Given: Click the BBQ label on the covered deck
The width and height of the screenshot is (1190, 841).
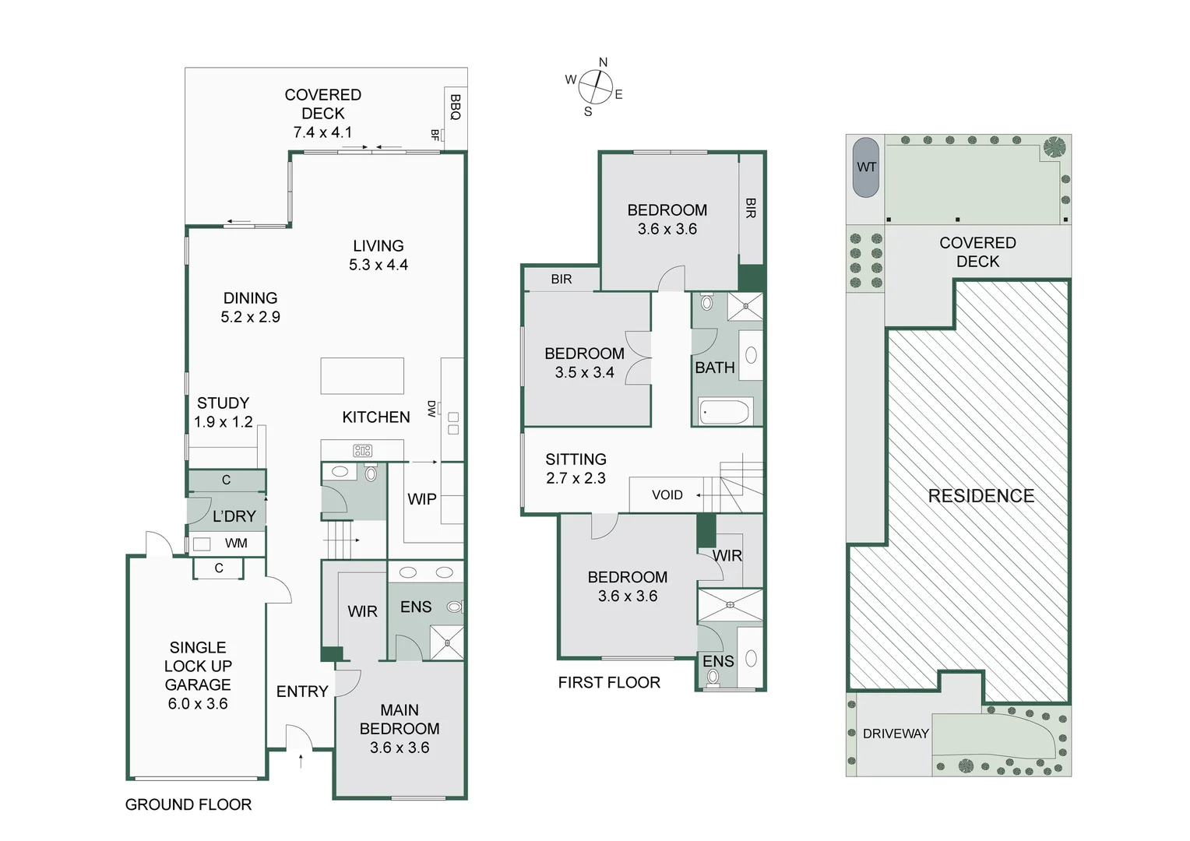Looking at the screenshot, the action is pos(456,107).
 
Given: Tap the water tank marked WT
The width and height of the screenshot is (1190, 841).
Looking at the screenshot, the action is pos(866,167).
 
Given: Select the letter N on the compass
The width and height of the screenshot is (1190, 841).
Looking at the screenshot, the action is pos(603,63).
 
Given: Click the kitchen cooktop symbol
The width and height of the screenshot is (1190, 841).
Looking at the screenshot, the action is pos(362,451).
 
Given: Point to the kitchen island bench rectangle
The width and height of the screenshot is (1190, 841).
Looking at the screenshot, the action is pos(362,376).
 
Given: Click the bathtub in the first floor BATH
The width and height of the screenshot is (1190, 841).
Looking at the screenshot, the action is pos(724,412).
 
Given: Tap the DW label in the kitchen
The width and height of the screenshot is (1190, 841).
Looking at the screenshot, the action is pos(431,409).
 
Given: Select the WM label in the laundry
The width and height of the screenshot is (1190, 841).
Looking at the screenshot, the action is pos(236,543).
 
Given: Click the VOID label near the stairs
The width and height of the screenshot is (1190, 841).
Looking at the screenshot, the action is pos(667,494).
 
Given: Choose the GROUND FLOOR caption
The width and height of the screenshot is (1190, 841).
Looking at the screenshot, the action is pos(188,804).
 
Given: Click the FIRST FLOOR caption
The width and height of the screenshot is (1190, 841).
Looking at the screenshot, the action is pos(609,682).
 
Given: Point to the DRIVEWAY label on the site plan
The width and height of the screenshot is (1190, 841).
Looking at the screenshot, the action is pos(896,734).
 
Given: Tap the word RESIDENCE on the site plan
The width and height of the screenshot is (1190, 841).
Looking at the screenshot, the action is pos(981,496).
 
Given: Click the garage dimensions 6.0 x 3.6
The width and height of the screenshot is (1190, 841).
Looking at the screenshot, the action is pos(198,703).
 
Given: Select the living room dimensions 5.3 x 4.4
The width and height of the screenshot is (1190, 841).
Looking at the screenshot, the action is pos(378,265).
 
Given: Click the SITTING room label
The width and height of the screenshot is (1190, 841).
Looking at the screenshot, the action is pos(576,459).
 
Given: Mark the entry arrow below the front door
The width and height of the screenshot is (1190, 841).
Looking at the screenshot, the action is pos(301,761).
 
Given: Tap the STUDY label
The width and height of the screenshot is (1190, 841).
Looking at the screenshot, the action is pos(223,403).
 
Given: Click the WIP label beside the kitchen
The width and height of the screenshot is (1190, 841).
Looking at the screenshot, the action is pos(422,499).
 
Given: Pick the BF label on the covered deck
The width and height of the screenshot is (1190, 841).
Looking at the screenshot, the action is pos(435,135).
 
